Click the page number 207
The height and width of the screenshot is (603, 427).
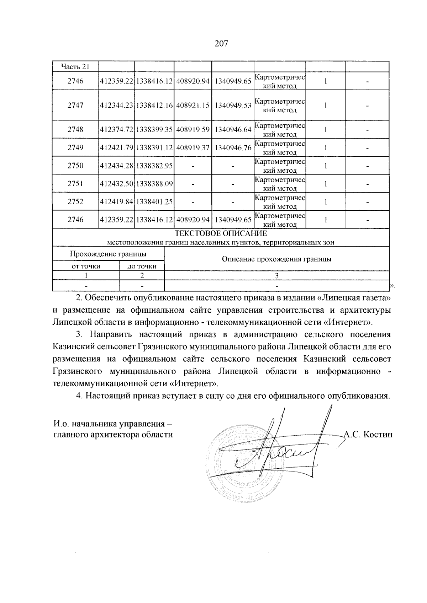click(221, 44)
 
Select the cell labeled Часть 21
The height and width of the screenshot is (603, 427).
click(75, 67)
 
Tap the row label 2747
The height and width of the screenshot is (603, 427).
click(75, 105)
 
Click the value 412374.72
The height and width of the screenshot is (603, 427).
click(117, 129)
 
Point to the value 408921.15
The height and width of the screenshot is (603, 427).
click(193, 105)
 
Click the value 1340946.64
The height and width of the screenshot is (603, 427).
click(233, 129)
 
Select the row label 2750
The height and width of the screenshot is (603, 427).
click(75, 166)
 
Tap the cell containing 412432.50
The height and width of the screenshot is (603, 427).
click(117, 184)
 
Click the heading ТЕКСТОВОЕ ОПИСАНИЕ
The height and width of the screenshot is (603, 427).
click(221, 234)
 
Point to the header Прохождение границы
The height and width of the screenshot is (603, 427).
click(108, 254)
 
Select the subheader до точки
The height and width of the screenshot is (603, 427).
click(142, 266)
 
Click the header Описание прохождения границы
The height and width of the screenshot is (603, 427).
click(276, 259)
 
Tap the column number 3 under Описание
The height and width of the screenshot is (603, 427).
click(276, 276)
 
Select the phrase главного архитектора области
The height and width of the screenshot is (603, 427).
click(113, 434)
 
